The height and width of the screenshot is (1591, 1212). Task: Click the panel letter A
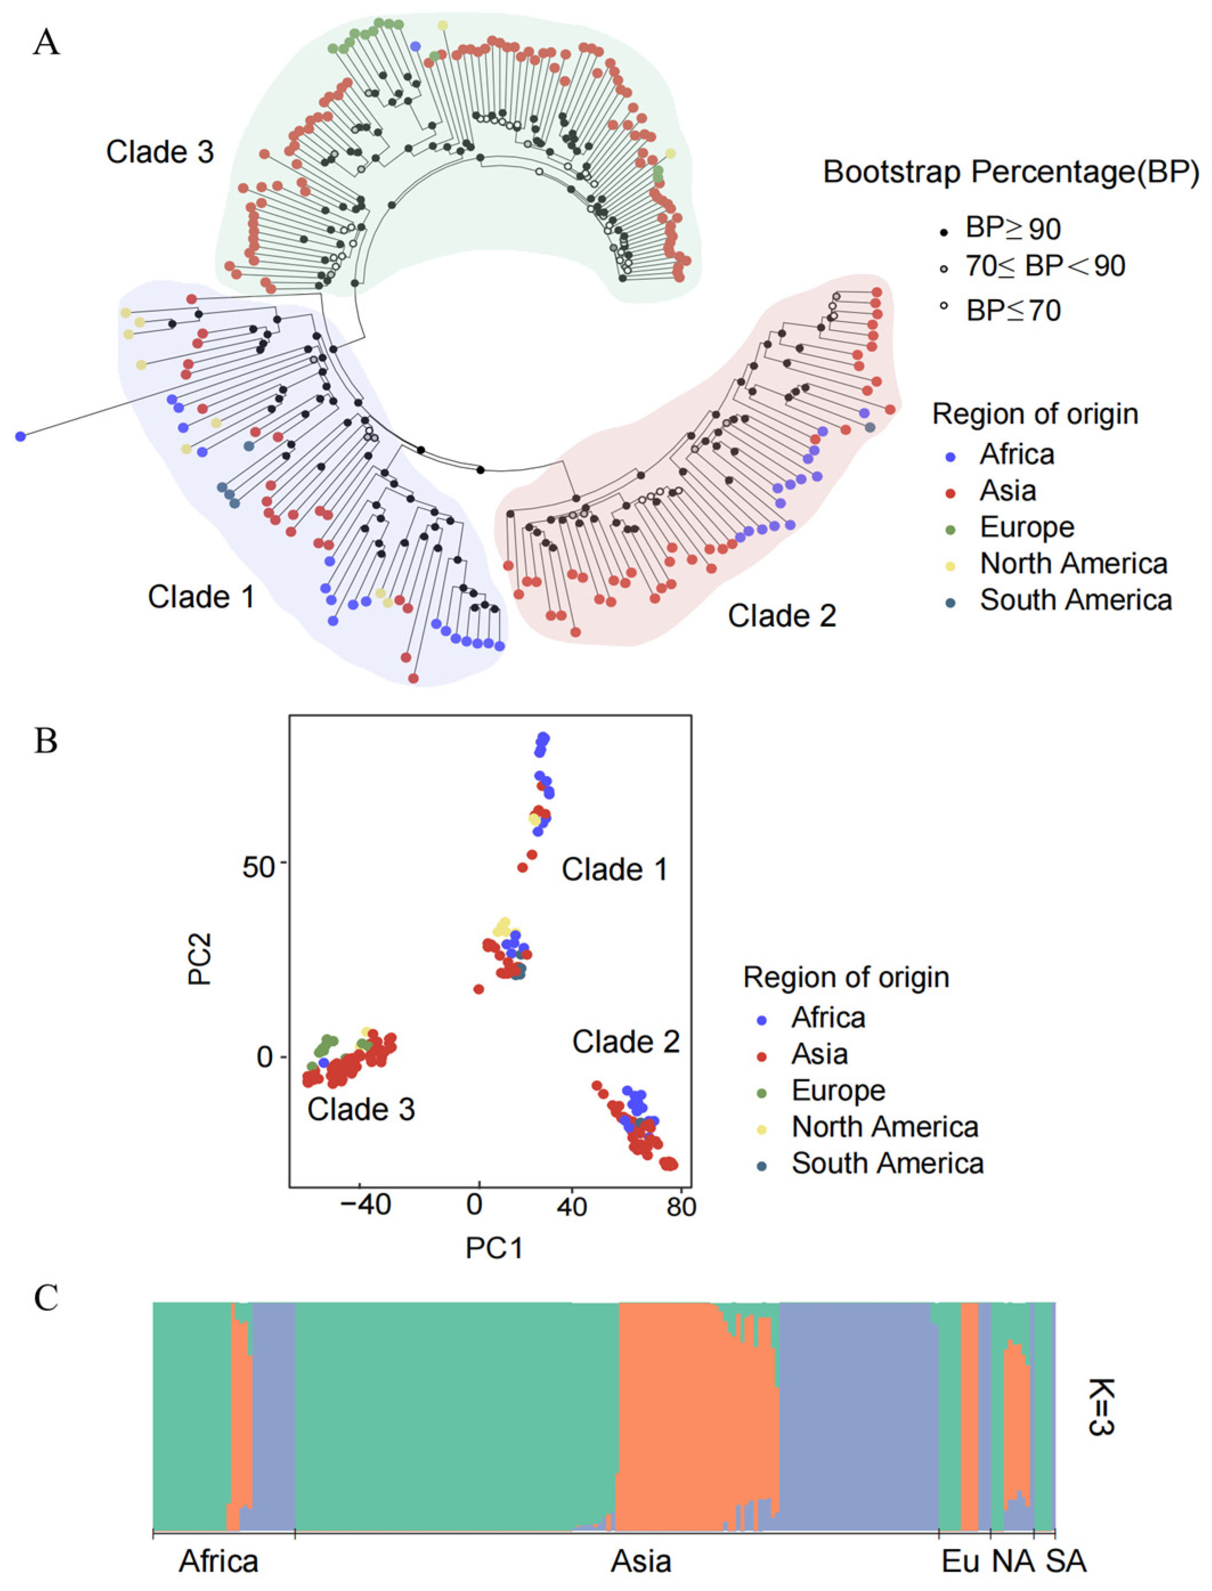point(46,43)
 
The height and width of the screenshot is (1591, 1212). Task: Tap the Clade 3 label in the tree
point(160,152)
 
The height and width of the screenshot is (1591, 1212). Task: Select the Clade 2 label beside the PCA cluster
point(625,1042)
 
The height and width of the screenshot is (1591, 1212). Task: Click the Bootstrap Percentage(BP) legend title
point(1011,172)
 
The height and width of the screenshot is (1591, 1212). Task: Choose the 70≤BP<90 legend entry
point(1044,267)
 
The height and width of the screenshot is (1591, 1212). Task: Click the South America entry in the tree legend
point(1075,600)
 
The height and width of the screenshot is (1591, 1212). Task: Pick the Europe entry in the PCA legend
point(837,1090)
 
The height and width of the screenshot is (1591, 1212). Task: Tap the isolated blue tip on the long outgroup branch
point(20,436)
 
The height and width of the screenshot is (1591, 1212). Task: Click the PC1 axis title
point(494,1248)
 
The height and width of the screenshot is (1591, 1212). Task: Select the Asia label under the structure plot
point(641,1561)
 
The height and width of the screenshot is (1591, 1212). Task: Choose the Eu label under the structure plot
point(961,1561)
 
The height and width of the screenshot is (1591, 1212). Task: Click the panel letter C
point(46,1298)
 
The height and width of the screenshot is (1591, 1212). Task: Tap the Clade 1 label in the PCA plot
point(614,870)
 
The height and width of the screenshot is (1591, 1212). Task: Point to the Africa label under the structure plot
point(218,1561)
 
